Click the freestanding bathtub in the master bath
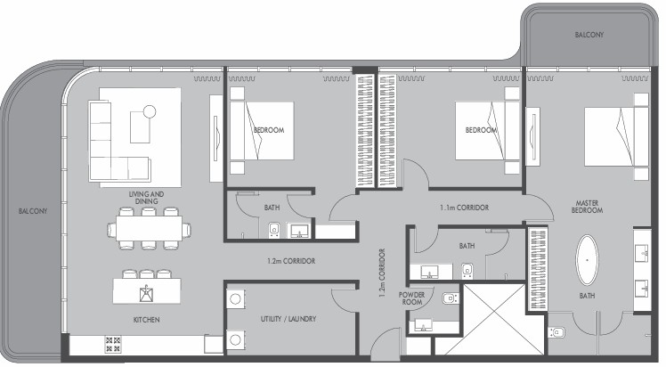[587, 259]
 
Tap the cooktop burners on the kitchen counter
[113, 345]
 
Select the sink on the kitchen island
[146, 293]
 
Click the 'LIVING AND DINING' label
[146, 198]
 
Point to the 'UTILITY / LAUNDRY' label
[288, 319]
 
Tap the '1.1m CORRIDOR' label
[464, 208]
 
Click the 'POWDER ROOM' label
[411, 298]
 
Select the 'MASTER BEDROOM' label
[587, 207]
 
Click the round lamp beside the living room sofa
[149, 111]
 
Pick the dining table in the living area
[149, 229]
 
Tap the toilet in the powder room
[451, 298]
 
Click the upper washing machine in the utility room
[235, 298]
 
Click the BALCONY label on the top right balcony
[589, 35]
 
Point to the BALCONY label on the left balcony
[33, 211]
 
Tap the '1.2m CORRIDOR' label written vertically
[382, 273]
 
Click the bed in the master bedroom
[616, 136]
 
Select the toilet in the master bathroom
[556, 332]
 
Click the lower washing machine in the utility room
[235, 339]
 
